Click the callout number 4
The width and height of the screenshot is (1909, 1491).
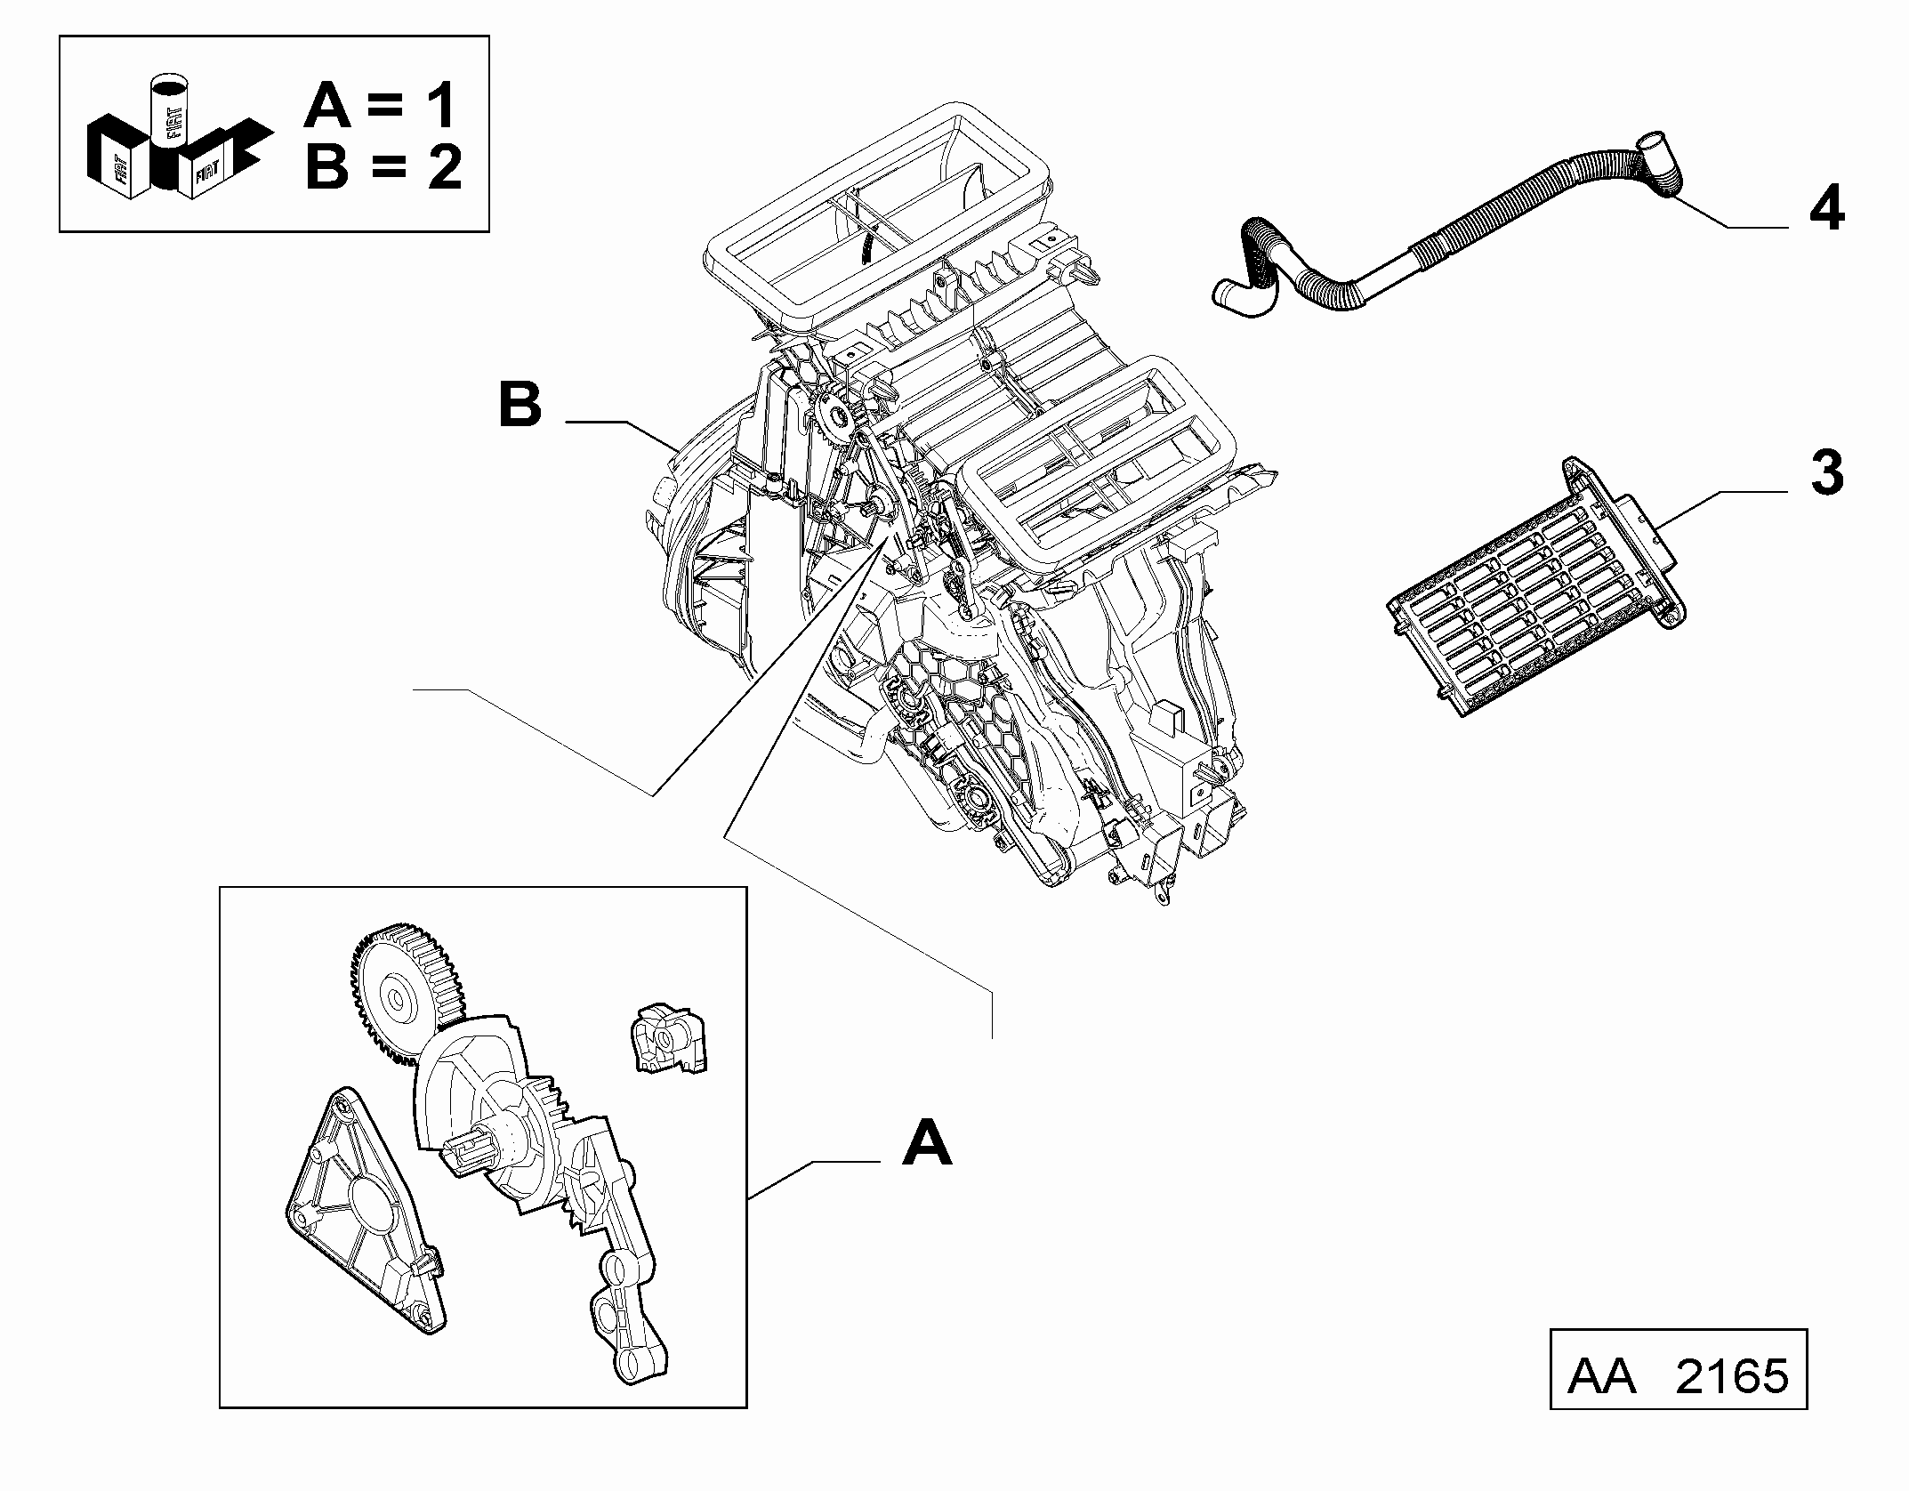click(x=1826, y=211)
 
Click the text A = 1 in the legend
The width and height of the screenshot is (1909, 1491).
click(x=381, y=106)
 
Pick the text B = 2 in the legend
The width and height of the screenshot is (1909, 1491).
click(x=383, y=167)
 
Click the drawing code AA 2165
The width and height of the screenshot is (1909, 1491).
click(x=1678, y=1376)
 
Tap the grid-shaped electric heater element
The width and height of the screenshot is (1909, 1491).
click(x=1534, y=587)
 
